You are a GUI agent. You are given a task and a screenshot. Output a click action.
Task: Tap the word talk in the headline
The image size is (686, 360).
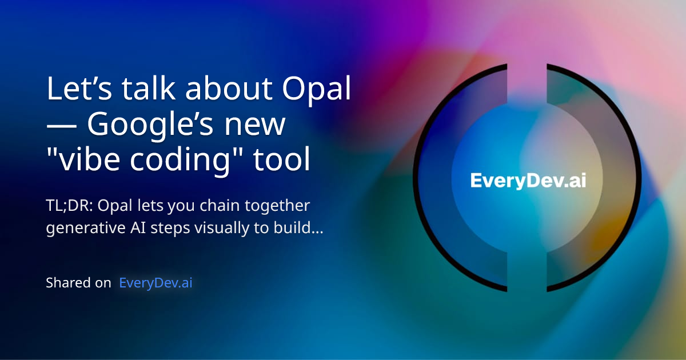143,90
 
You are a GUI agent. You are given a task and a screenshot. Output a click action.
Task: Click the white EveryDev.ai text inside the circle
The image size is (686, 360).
528,180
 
